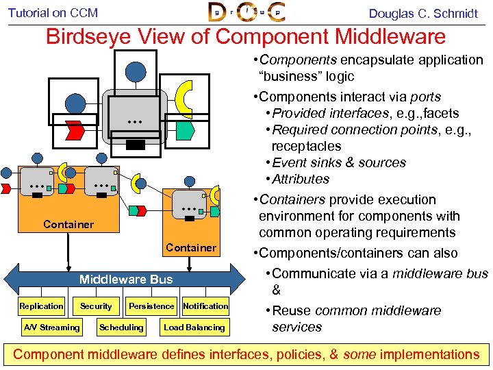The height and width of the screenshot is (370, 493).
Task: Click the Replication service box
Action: click(41, 306)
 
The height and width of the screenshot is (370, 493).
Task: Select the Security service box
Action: click(96, 306)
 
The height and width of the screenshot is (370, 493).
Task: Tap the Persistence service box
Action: click(151, 306)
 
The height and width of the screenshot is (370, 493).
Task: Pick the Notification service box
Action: click(205, 306)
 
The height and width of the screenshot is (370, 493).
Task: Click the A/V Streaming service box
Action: click(51, 328)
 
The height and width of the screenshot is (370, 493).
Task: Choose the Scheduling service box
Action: click(121, 328)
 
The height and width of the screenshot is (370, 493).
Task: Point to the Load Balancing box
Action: click(194, 328)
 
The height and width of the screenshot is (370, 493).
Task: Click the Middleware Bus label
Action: click(126, 279)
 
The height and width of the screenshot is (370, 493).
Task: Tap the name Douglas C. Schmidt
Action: click(422, 13)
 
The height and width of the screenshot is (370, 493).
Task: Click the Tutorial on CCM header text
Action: click(53, 12)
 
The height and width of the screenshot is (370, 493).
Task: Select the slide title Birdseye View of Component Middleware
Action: click(245, 36)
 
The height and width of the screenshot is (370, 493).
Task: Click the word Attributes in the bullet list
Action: click(301, 179)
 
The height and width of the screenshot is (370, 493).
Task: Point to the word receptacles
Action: click(306, 146)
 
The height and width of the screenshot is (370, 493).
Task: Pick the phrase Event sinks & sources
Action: click(339, 162)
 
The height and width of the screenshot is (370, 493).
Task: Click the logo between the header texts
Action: click(246, 13)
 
